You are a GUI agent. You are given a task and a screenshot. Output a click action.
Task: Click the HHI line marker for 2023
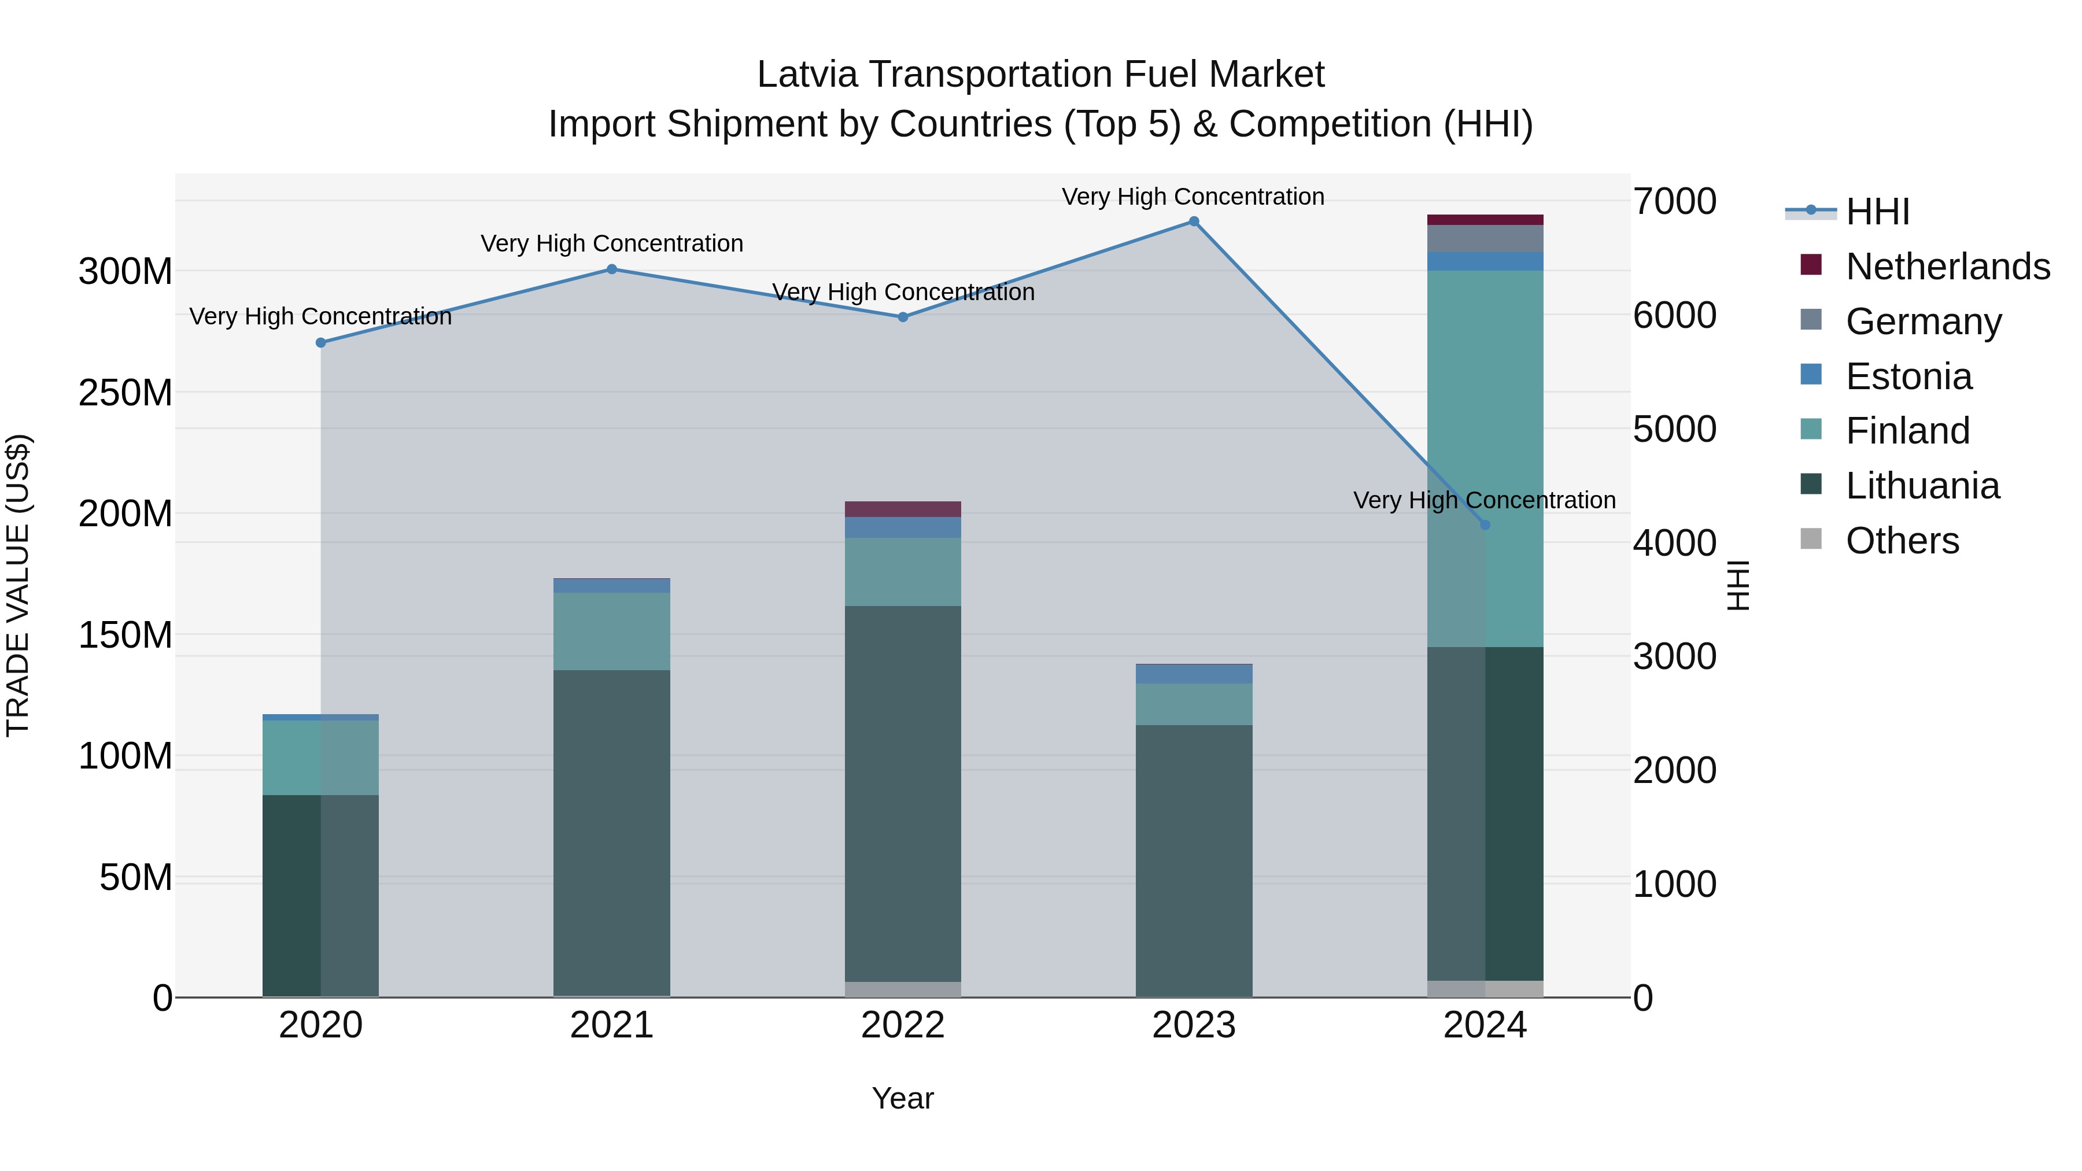tap(1194, 221)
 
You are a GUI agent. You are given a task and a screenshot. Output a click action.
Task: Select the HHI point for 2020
tap(321, 343)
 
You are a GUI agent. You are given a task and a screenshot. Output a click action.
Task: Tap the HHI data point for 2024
tap(1485, 525)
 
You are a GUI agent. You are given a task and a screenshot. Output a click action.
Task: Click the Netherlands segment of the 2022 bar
tap(903, 509)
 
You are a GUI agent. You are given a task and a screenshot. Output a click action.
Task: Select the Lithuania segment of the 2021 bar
tap(612, 832)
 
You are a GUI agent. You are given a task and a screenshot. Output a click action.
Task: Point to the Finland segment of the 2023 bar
tap(1194, 704)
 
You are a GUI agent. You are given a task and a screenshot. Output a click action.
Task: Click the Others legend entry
tap(1902, 541)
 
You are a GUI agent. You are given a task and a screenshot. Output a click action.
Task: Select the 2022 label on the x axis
tap(903, 1025)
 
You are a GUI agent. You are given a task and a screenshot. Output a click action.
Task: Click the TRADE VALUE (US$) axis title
tap(18, 585)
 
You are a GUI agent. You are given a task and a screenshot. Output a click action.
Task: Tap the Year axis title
tap(903, 1098)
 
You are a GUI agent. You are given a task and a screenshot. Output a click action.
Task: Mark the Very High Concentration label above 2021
tap(612, 243)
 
